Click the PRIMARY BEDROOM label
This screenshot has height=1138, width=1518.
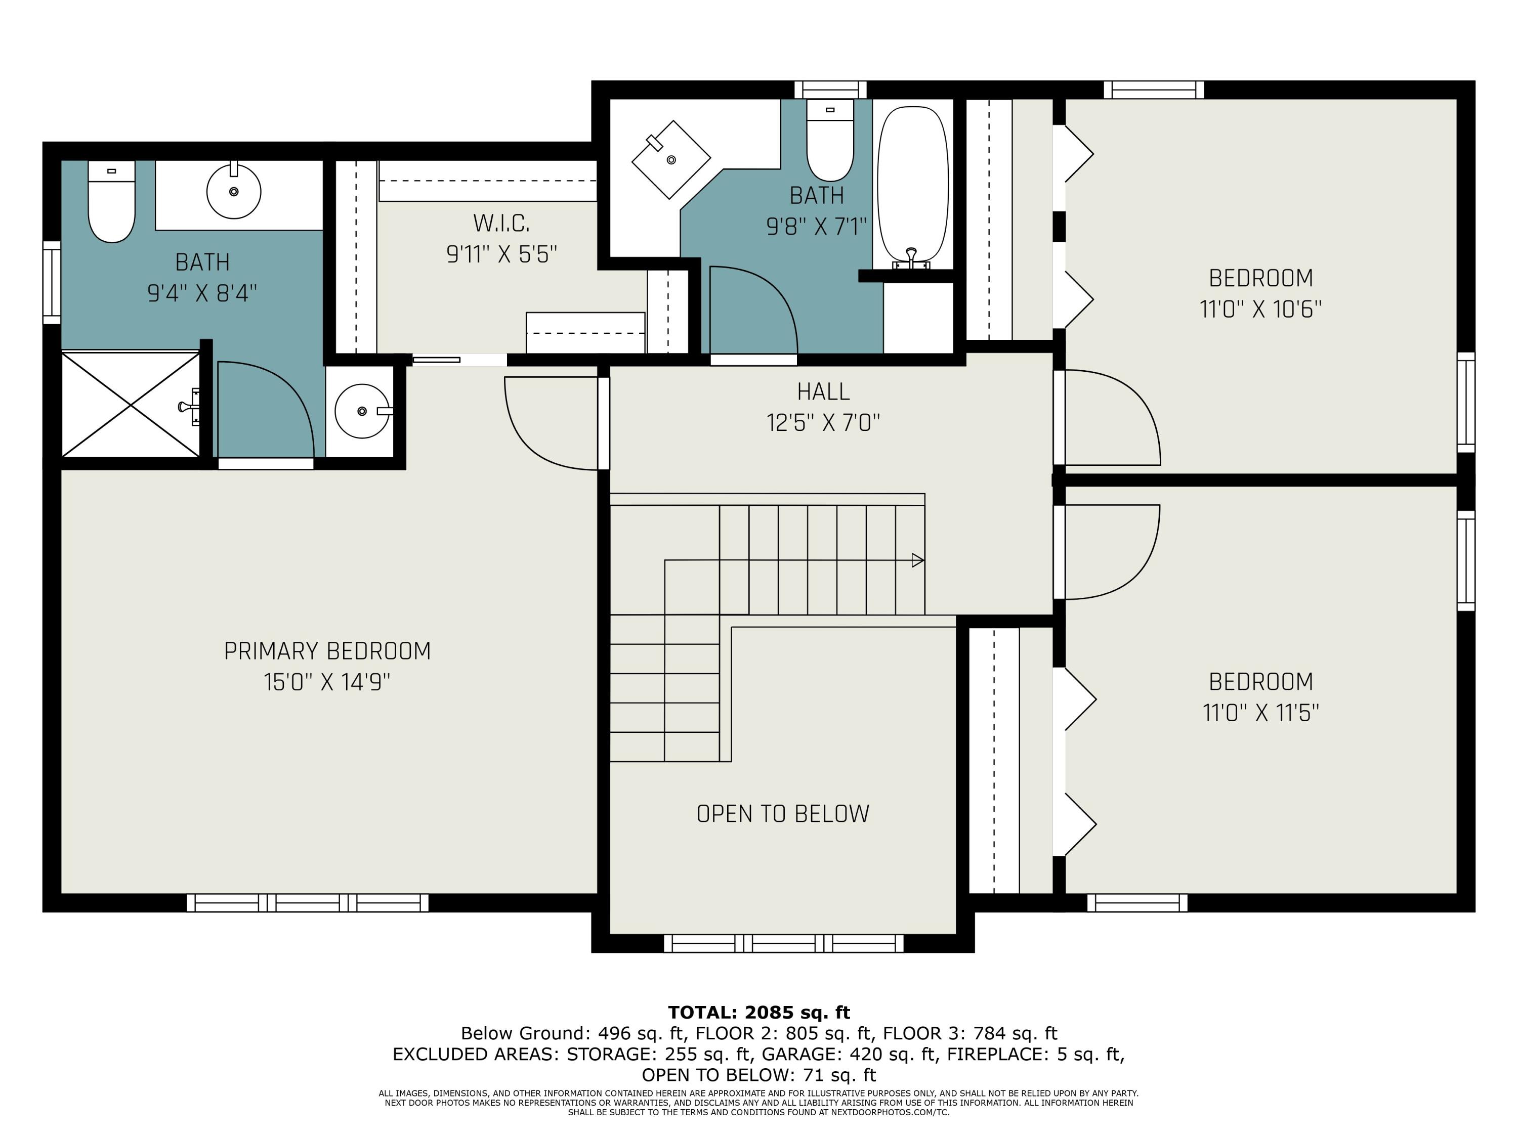point(327,651)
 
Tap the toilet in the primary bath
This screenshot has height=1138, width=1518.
point(111,202)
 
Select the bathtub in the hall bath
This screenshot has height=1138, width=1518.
point(913,185)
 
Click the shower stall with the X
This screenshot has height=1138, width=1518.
point(131,405)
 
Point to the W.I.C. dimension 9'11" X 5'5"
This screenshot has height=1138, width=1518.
point(501,254)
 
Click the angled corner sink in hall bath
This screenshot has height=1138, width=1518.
point(670,159)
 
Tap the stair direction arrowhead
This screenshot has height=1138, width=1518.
point(917,560)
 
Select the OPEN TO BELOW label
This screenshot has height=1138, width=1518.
point(783,813)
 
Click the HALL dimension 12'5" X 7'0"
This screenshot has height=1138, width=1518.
point(823,422)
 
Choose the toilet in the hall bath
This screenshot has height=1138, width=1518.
point(830,141)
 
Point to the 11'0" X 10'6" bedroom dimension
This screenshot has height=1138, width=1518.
point(1260,310)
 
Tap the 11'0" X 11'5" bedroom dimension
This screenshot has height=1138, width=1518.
point(1260,713)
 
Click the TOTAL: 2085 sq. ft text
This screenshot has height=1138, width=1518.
point(759,1013)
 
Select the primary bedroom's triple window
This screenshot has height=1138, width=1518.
point(308,903)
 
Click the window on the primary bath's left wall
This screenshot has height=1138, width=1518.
point(52,282)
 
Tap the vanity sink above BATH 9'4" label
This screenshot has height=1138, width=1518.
point(233,191)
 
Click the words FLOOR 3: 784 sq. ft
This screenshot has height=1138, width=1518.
point(969,1033)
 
